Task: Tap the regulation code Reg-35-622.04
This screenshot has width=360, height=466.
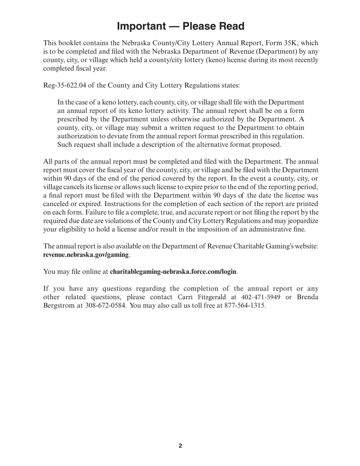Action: (64, 85)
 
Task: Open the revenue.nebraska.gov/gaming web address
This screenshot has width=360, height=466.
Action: (86, 255)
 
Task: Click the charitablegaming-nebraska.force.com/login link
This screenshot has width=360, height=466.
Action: (173, 272)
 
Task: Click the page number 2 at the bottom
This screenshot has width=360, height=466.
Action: (180, 446)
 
